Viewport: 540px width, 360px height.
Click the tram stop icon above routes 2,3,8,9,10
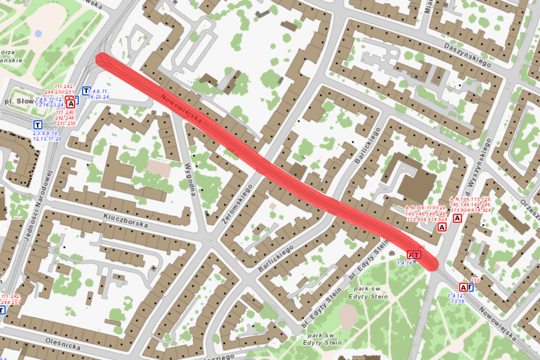click(38, 124)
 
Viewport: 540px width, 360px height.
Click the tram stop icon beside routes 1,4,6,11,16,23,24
click(87, 90)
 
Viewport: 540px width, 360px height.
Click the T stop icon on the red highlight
click(417, 254)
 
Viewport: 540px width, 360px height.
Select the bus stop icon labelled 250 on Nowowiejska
click(463, 287)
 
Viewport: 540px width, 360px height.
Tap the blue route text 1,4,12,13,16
click(458, 298)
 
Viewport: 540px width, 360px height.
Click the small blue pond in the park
click(38, 33)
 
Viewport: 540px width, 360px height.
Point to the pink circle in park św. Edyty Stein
click(347, 316)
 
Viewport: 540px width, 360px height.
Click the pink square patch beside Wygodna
click(157, 167)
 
